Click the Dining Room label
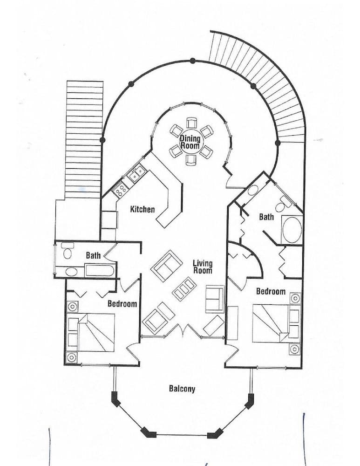click(190, 142)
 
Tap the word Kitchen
click(143, 209)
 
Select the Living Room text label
click(203, 267)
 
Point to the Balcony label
click(182, 389)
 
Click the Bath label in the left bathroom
click(93, 255)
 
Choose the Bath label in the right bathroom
click(266, 217)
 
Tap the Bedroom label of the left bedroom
click(122, 304)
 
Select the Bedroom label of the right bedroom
click(271, 291)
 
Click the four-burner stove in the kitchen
click(121, 190)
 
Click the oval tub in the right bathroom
click(292, 229)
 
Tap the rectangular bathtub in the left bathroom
click(99, 270)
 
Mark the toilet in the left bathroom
click(68, 253)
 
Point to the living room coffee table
click(184, 289)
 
